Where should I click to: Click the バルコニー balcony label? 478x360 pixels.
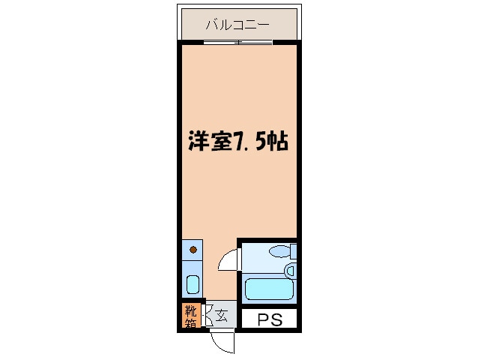(x=238, y=25)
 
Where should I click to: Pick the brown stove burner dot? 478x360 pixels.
(x=193, y=250)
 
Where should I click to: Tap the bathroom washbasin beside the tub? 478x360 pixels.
(x=290, y=269)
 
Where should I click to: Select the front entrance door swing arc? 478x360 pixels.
(x=222, y=343)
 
